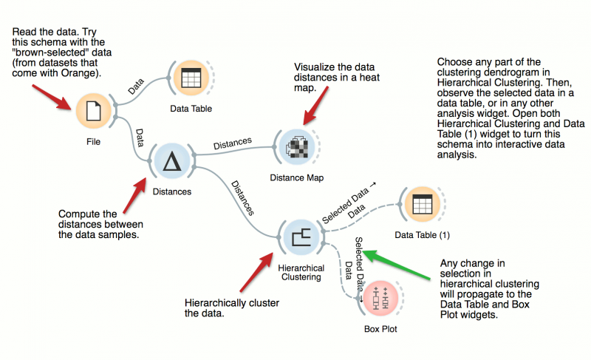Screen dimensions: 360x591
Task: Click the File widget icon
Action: pos(93,111)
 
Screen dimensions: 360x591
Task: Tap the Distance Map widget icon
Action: pos(298,146)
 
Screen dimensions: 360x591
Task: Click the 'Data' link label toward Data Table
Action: pos(137,87)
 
